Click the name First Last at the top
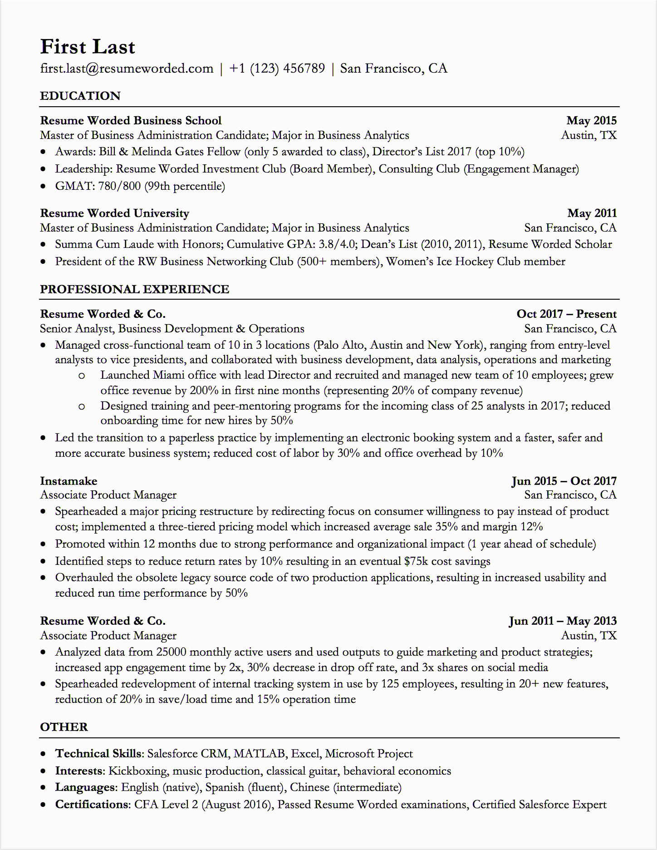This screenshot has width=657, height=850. [x=88, y=47]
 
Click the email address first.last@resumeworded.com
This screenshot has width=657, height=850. [x=127, y=69]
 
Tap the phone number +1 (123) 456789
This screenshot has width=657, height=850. [x=277, y=69]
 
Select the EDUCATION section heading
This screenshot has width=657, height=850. [x=80, y=96]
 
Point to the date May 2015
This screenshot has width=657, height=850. [x=591, y=120]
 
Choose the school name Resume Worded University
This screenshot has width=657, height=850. [x=114, y=213]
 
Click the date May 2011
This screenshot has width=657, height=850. [x=592, y=213]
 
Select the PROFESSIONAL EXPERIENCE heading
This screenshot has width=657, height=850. [x=134, y=289]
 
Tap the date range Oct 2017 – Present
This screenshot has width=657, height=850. [x=566, y=314]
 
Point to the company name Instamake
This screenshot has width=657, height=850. [x=69, y=481]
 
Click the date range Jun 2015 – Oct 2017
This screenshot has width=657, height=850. [x=564, y=481]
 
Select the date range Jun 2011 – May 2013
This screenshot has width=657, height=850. [x=563, y=621]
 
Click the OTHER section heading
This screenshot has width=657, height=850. [x=64, y=727]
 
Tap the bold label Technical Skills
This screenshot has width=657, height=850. [x=98, y=754]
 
